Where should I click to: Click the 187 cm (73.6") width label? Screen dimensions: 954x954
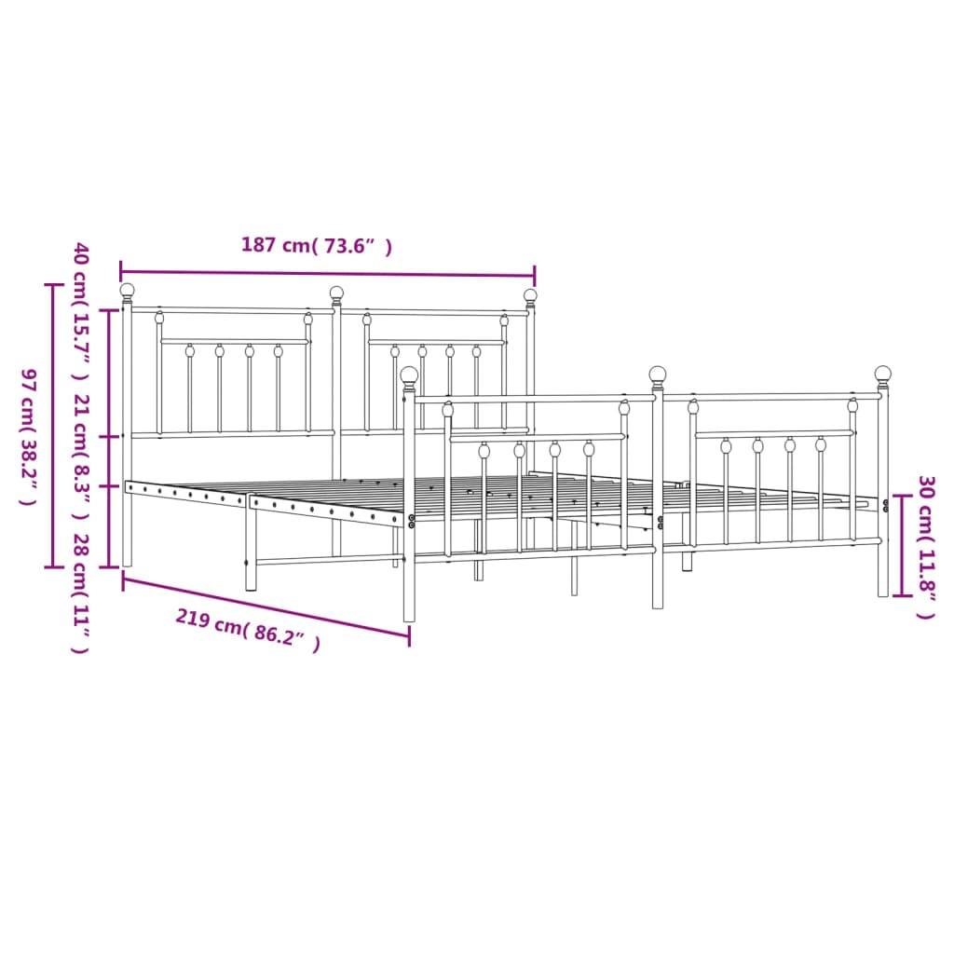316,246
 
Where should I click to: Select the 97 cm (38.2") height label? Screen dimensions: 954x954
28,436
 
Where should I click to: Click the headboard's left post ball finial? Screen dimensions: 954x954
127,291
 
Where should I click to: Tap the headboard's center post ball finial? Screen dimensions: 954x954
336,293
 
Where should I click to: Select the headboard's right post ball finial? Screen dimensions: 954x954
530,296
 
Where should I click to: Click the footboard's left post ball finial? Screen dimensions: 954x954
409,375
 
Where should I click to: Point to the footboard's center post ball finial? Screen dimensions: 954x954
658,375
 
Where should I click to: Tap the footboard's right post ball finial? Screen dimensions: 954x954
882,375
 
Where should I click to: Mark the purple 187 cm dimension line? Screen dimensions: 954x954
327,274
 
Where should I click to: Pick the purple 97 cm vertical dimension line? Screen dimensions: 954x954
52,425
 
